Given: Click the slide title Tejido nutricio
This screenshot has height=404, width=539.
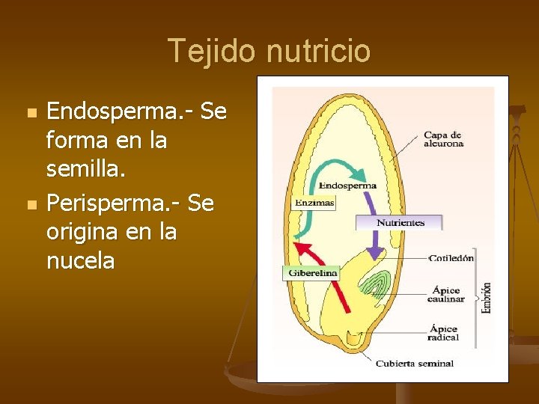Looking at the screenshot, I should tap(269, 51).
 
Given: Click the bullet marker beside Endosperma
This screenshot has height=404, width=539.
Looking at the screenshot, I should tap(31, 114).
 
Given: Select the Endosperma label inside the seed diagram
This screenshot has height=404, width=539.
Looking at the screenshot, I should tap(347, 185).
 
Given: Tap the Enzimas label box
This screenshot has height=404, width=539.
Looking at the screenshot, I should tap(314, 203).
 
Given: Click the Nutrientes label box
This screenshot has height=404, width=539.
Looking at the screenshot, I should tap(400, 222).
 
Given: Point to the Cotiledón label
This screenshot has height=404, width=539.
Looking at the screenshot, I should tap(451, 258).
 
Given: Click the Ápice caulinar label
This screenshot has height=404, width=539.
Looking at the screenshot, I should tap(445, 294).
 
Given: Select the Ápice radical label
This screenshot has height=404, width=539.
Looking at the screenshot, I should tap(444, 333).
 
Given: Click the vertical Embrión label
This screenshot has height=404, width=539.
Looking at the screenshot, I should tap(487, 297).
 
